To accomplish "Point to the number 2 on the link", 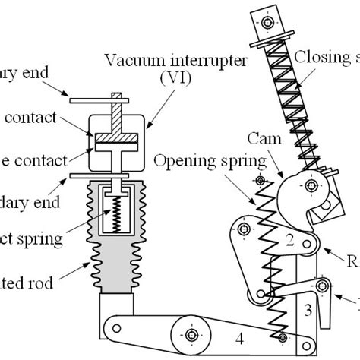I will coord(289,242).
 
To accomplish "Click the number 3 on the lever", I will coord(308,310).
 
